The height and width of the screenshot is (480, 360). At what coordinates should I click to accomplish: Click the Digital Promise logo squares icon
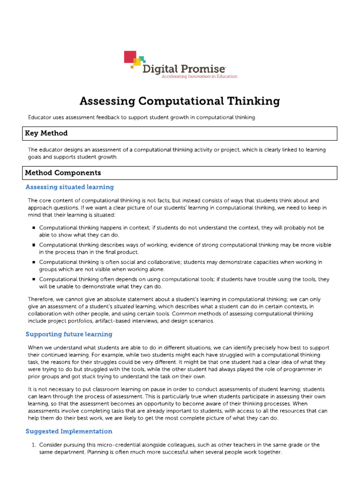(133, 60)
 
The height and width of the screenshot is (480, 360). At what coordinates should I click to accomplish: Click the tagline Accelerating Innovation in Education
(199, 76)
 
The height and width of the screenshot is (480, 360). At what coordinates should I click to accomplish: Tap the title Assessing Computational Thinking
(180, 101)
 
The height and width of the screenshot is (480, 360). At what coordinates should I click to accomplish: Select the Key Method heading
(46, 133)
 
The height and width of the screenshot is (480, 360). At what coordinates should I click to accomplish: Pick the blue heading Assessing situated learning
(69, 187)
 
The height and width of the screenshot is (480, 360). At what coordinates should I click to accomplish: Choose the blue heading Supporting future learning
(69, 334)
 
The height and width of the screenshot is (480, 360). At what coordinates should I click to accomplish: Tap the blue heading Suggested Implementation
(69, 431)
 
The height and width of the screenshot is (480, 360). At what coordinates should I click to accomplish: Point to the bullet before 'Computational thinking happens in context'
(34, 228)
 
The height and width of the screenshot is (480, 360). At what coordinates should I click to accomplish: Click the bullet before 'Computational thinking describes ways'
(34, 245)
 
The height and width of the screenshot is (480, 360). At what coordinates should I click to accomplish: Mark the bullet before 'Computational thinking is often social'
(34, 262)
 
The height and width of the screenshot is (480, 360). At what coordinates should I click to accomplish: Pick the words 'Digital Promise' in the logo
(185, 69)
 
